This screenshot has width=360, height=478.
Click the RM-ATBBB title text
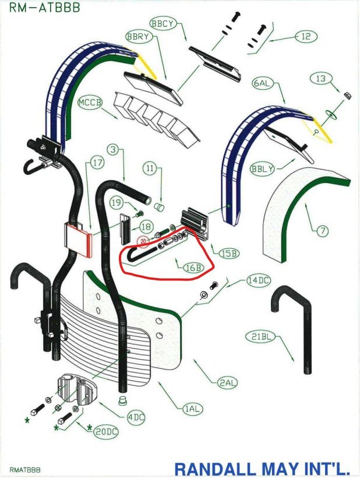tap(44, 8)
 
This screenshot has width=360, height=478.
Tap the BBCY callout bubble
tap(163, 23)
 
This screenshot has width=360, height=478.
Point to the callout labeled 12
tap(306, 36)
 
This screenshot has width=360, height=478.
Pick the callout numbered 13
tap(320, 78)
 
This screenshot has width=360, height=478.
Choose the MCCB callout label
tap(90, 103)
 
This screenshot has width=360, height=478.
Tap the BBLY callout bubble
tap(261, 169)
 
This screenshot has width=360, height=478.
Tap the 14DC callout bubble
tap(258, 281)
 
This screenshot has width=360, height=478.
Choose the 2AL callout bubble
tap(227, 382)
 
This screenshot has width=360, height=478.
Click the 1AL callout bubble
tap(193, 409)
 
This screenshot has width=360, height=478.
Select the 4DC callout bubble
tap(136, 417)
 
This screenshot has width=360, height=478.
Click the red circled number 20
tap(143, 240)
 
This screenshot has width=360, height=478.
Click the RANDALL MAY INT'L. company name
tap(264, 468)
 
